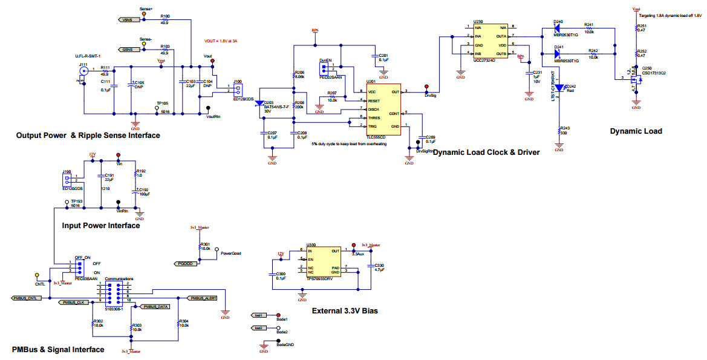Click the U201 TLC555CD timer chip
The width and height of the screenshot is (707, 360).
pos(384,109)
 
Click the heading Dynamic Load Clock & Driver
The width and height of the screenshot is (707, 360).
pos(486,152)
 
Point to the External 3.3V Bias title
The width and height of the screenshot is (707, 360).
pos(344,311)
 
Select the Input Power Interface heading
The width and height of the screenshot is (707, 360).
pos(100,226)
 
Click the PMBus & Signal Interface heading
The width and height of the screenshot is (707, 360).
pos(57,349)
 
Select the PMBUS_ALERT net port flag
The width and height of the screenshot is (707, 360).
pos(202,298)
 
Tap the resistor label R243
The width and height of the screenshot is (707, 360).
pos(565,128)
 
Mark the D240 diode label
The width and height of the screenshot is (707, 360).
pos(558,22)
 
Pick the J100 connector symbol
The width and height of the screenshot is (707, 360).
pos(238,90)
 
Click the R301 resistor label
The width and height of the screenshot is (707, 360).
pos(204,244)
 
